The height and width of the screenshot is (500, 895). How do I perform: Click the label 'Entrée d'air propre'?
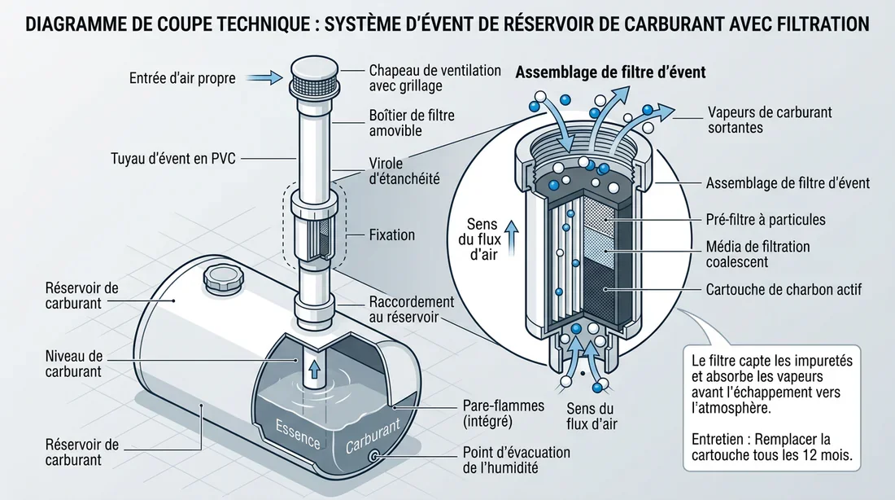click(x=182, y=79)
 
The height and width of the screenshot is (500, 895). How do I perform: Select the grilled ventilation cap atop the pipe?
click(x=310, y=77)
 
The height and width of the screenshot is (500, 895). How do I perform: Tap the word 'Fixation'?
click(x=392, y=235)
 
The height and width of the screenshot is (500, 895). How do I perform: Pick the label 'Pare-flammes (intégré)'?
click(x=491, y=412)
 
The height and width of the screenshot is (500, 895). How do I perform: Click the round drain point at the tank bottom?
click(x=375, y=458)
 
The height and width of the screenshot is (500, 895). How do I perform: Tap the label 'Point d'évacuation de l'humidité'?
click(x=516, y=459)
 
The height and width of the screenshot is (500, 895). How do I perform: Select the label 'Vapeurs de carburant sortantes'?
click(x=770, y=120)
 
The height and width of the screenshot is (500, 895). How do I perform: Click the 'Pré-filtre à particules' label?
click(x=766, y=219)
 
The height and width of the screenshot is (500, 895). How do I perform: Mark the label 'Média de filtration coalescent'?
click(x=757, y=254)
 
